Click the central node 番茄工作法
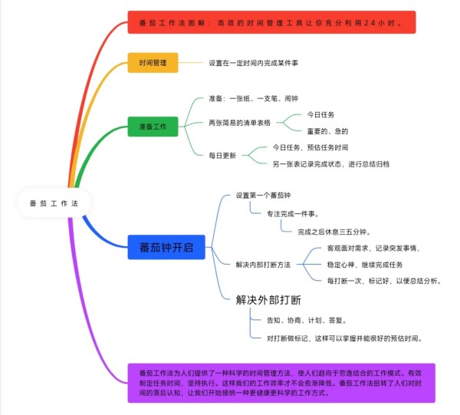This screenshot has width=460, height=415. point(53,203)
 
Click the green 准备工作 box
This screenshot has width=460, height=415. point(153,125)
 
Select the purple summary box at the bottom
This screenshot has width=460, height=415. point(281,383)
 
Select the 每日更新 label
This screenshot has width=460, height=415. point(222,155)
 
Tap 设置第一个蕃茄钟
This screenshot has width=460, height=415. point(263,196)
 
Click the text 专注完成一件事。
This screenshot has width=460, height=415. point(292,213)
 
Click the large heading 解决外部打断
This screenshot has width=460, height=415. point(268,299)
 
